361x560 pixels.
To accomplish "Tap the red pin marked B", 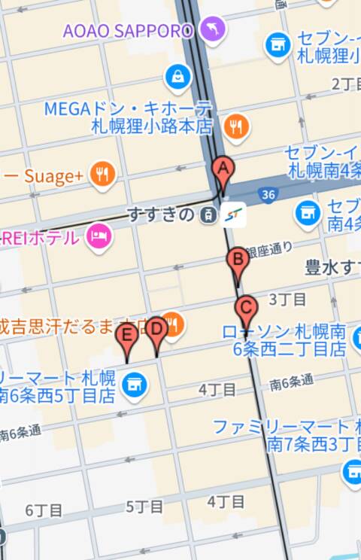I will click(238, 262).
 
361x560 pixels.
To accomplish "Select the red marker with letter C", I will click(245, 309).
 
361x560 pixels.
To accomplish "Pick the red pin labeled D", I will click(156, 330).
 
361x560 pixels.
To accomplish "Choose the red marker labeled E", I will click(128, 336).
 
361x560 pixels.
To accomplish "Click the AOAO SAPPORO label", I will click(128, 31).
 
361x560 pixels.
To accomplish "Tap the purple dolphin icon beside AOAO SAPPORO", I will click(214, 30).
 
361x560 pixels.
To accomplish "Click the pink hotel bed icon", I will click(98, 237).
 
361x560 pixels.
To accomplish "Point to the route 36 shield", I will click(268, 195).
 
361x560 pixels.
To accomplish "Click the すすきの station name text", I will click(161, 215).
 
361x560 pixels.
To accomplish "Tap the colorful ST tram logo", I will click(234, 215).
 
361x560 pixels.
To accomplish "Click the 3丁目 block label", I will click(287, 300).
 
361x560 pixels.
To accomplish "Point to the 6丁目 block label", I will click(44, 510).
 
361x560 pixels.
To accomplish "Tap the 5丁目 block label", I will click(144, 506).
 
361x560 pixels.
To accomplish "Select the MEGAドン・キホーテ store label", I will click(128, 117).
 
